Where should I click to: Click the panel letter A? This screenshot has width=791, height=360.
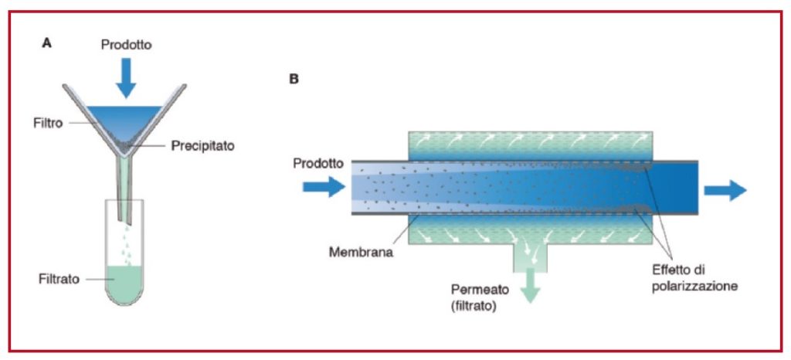point(47,43)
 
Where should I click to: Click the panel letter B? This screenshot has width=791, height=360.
point(294,79)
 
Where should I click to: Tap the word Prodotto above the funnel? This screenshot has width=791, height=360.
point(127,46)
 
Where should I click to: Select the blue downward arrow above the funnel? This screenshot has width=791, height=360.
point(126,77)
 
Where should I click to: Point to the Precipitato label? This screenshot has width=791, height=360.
point(203,146)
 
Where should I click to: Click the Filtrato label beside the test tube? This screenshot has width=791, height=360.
point(59,279)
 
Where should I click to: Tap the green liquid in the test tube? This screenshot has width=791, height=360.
point(124,284)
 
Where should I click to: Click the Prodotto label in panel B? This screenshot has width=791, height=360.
point(318,163)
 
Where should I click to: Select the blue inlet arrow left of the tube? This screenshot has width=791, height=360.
point(324,187)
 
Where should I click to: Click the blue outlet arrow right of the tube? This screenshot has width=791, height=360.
point(725,191)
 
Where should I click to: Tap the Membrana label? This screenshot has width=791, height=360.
point(361,251)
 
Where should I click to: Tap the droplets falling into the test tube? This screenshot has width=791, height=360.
point(125,246)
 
